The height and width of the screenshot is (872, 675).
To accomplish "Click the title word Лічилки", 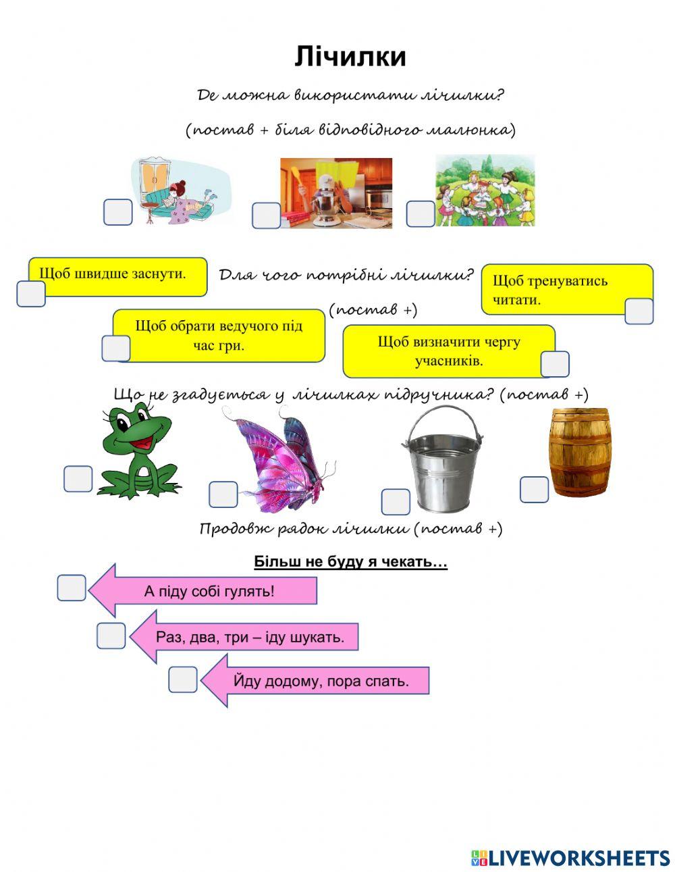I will pyautogui.click(x=350, y=57).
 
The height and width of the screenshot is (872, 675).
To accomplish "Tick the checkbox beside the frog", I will pyautogui.click(x=78, y=479).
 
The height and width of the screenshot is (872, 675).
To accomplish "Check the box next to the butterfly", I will pyautogui.click(x=223, y=494).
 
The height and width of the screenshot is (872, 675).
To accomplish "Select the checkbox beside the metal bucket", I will pyautogui.click(x=396, y=502).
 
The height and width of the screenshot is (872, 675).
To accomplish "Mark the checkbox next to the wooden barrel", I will pyautogui.click(x=534, y=490).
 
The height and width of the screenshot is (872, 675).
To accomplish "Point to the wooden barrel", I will pyautogui.click(x=580, y=452).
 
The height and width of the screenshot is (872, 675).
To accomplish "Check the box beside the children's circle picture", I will pyautogui.click(x=421, y=214).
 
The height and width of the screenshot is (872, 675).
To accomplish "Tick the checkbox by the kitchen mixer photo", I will pyautogui.click(x=266, y=215).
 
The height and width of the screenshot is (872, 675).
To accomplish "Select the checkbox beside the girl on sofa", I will pyautogui.click(x=117, y=213).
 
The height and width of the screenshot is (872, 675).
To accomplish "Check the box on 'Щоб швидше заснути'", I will pyautogui.click(x=31, y=294).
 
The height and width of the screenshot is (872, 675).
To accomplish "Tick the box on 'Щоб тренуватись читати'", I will pyautogui.click(x=639, y=311).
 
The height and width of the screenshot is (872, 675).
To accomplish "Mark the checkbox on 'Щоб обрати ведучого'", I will pyautogui.click(x=116, y=349).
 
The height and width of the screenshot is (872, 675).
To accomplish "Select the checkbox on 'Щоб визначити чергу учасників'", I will pyautogui.click(x=555, y=364).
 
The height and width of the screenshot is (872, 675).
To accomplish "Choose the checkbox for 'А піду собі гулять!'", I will pyautogui.click(x=72, y=588).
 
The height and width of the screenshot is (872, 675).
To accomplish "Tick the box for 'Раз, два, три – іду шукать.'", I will pyautogui.click(x=111, y=636).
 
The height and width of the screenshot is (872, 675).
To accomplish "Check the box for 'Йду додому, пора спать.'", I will pyautogui.click(x=183, y=679).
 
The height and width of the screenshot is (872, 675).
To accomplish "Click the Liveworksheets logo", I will pyautogui.click(x=570, y=858).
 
